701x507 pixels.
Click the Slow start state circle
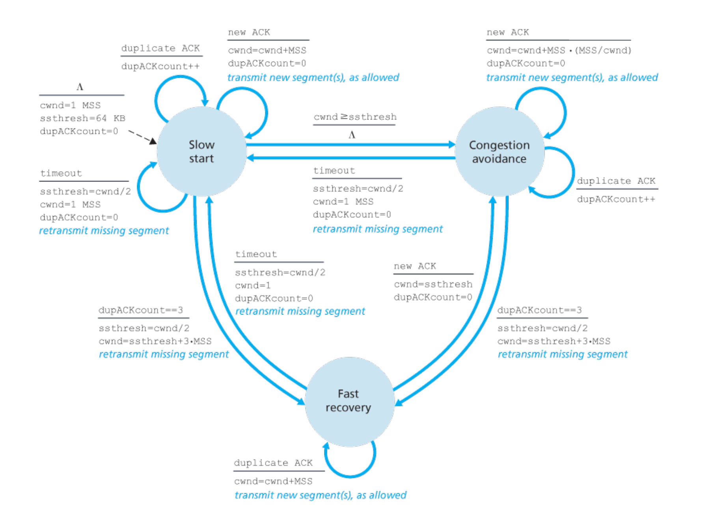pos(201,152)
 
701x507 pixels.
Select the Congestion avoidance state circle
pos(499,152)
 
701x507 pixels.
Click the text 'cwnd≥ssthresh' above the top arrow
pos(355,117)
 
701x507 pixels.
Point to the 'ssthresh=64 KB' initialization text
pos(82,118)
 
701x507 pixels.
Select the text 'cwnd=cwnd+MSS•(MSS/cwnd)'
pos(559,51)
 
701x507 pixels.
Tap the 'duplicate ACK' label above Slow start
pos(160,48)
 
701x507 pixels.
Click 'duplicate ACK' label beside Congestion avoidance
pos(616,181)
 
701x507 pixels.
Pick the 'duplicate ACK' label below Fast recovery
pos(273,463)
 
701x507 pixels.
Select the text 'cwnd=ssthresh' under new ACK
pos(433,284)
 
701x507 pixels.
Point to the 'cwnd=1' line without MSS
pos(253,285)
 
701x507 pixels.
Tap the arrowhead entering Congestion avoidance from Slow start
pos(451,145)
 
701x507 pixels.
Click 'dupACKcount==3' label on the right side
pos(539,310)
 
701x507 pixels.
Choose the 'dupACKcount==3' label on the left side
pos(141,310)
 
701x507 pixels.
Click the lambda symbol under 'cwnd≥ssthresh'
pos(352,135)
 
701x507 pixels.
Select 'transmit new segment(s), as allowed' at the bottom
pos(320,495)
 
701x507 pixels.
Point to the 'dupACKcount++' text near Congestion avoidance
pos(616,199)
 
